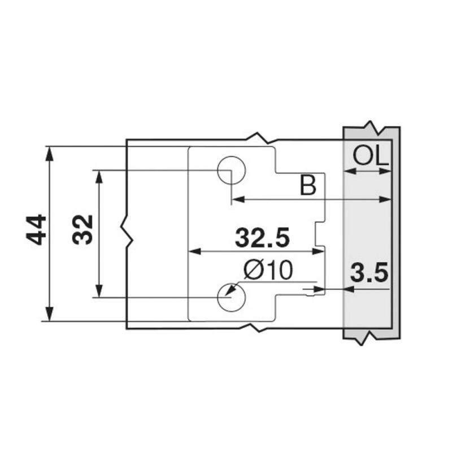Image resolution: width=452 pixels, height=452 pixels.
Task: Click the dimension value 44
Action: pos(37,229)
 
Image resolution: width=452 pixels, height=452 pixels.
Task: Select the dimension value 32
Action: pos(83,229)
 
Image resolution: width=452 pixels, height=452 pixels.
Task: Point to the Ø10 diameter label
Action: pos(268,271)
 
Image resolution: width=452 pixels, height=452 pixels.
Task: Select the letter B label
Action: pos(307,185)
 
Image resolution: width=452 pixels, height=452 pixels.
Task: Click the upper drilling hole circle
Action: pos(231,169)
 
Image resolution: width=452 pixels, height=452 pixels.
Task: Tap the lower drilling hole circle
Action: pos(231,297)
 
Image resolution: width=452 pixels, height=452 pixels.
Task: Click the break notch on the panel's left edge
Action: pos(127,231)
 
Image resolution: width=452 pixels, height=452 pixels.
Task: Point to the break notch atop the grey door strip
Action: pos(370,125)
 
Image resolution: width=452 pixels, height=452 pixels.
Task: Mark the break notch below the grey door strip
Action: pos(362,338)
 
